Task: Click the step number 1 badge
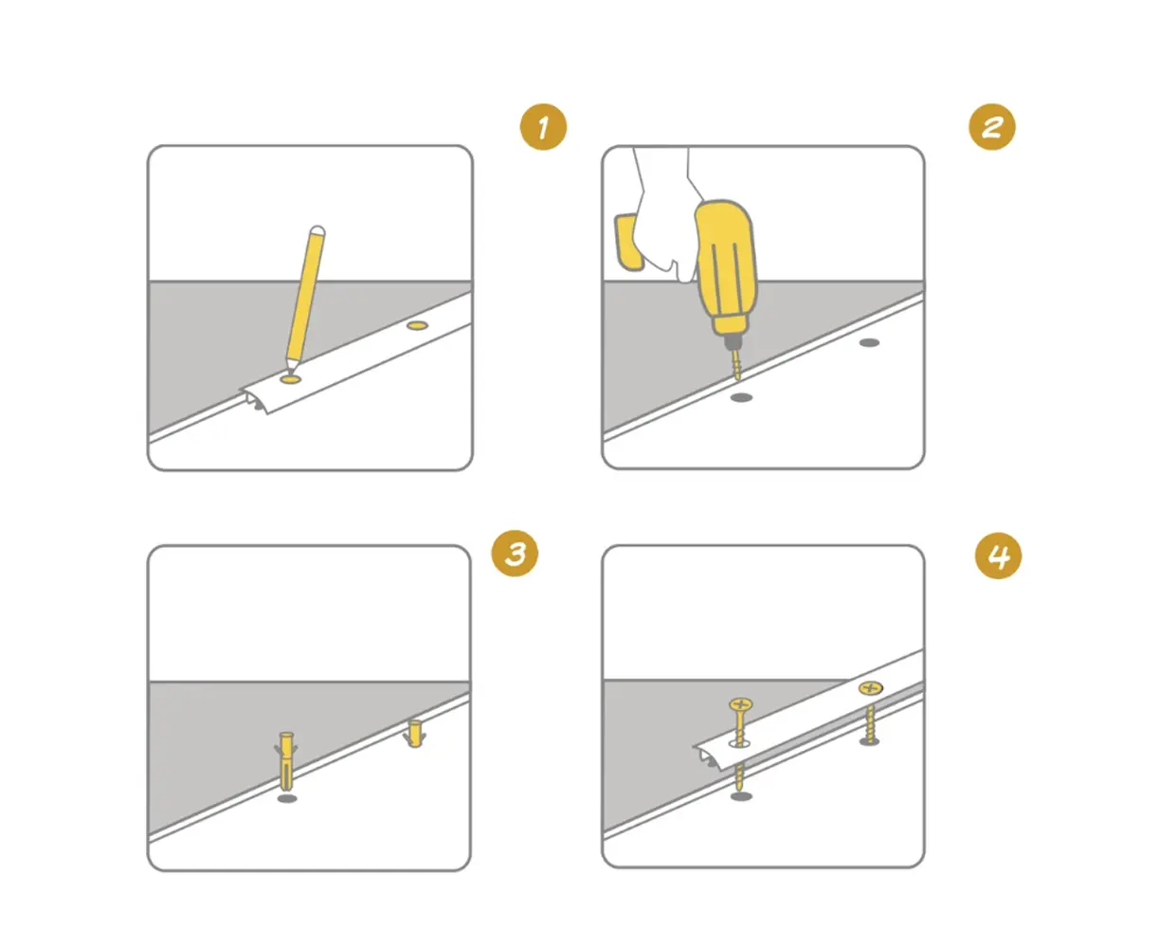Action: click(x=543, y=127)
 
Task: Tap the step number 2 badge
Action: click(x=991, y=127)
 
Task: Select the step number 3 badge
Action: click(x=515, y=554)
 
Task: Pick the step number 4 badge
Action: click(x=998, y=556)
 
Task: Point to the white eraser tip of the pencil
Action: click(x=317, y=230)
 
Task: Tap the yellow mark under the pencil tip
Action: click(x=290, y=379)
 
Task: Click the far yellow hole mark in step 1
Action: click(x=417, y=325)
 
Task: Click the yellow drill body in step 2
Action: click(x=725, y=269)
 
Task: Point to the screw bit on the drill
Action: click(x=735, y=362)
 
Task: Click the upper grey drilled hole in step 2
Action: click(x=869, y=342)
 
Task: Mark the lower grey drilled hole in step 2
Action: click(x=741, y=397)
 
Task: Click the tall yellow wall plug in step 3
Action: click(x=286, y=760)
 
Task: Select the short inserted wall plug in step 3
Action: click(x=414, y=733)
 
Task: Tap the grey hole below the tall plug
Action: click(x=287, y=798)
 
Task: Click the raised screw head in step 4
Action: click(x=740, y=703)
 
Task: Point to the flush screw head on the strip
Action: click(x=871, y=687)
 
